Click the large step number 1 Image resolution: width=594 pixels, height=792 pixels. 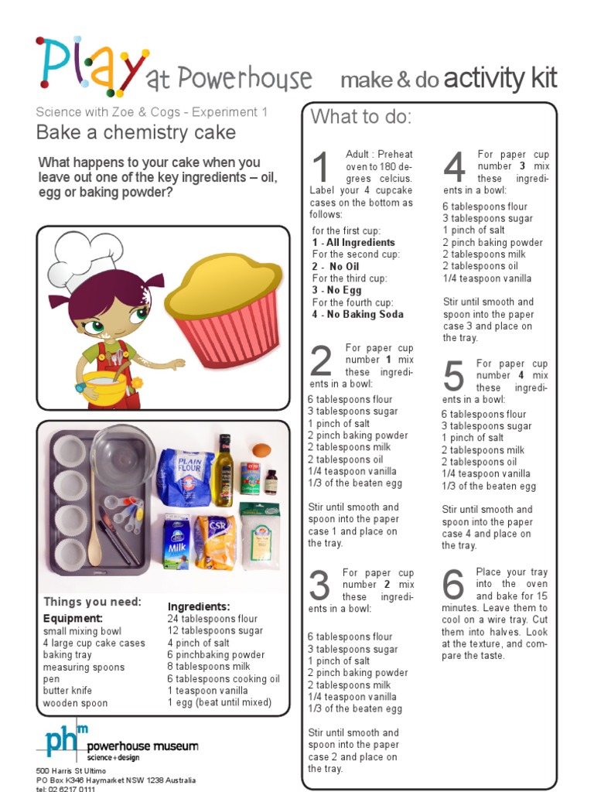pyautogui.click(x=320, y=169)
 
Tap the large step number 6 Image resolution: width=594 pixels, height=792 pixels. pyautogui.click(x=454, y=587)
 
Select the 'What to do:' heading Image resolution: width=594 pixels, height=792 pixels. pyautogui.click(x=361, y=118)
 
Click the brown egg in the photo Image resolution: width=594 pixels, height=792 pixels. pyautogui.click(x=262, y=450)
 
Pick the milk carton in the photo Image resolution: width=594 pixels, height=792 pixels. pyautogui.click(x=176, y=541)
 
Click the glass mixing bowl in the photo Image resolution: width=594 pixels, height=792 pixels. pyautogui.click(x=122, y=456)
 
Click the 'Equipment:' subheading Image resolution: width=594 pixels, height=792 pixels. pyautogui.click(x=73, y=619)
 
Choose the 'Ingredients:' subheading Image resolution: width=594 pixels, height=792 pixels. pyautogui.click(x=199, y=607)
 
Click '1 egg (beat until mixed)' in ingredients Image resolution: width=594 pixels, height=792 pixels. pyautogui.click(x=220, y=703)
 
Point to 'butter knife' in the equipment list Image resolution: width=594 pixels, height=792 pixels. pyautogui.click(x=67, y=691)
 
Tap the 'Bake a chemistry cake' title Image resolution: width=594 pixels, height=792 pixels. pyautogui.click(x=136, y=132)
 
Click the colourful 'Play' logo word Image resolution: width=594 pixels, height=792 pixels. pyautogui.click(x=90, y=66)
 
